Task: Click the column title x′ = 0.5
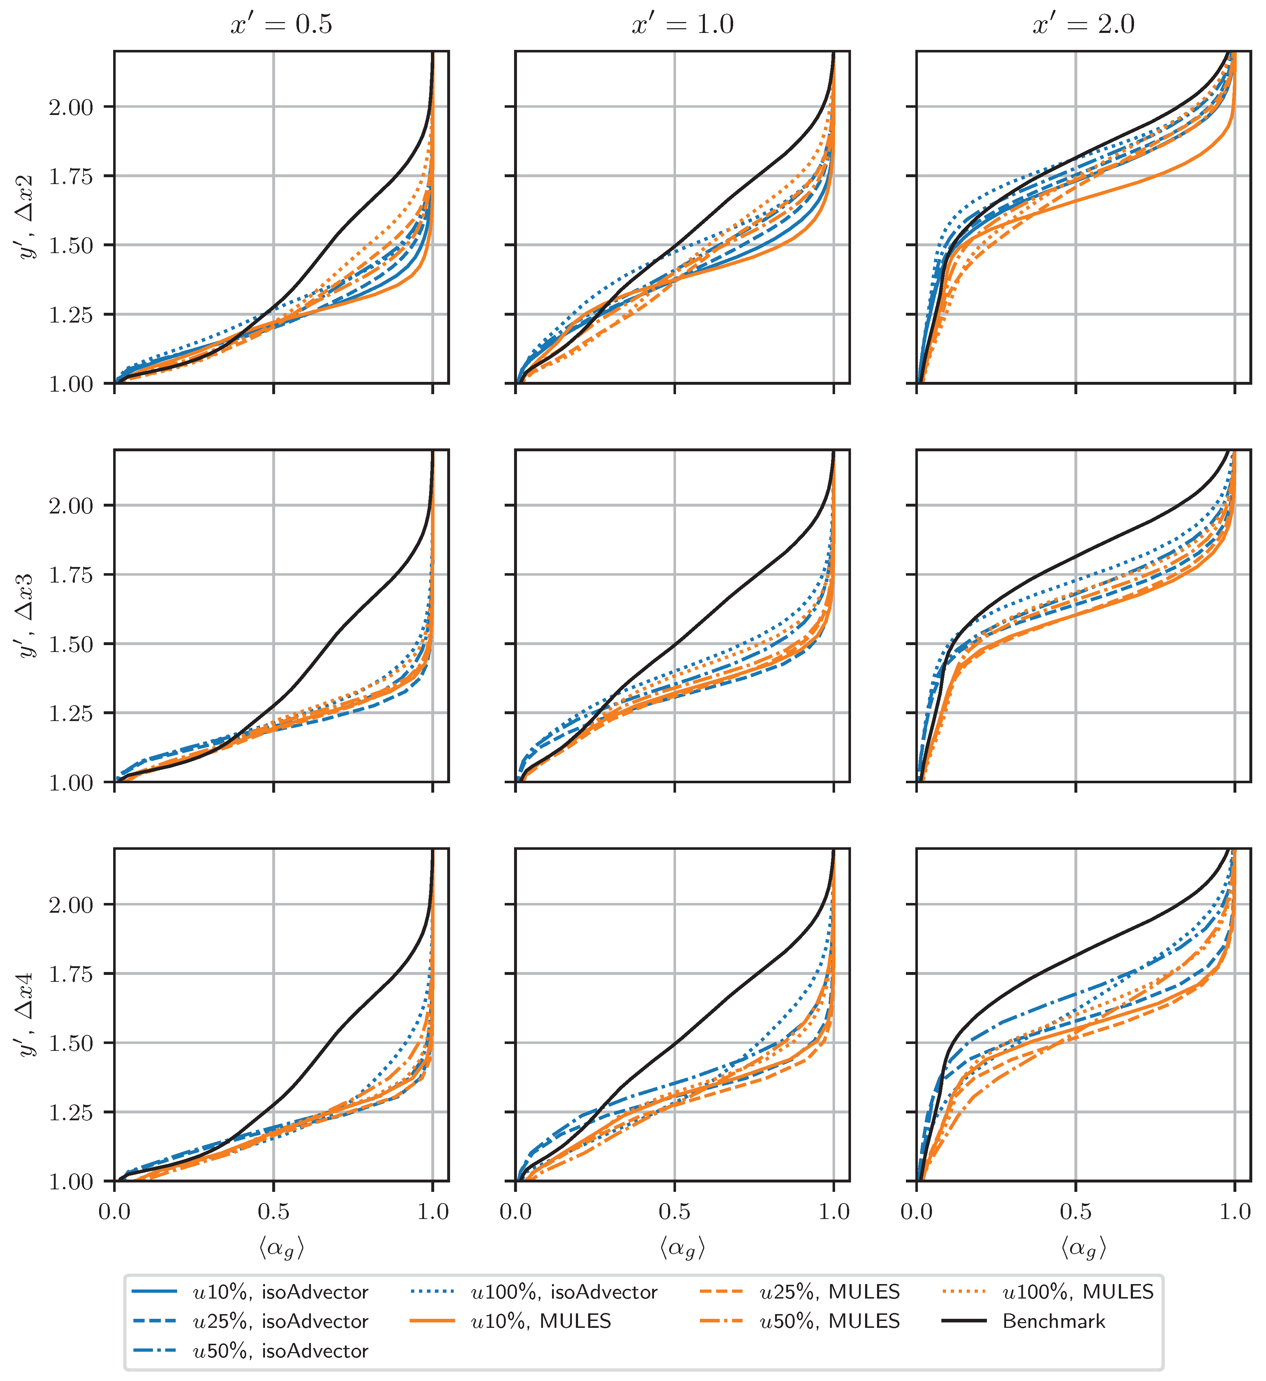tap(281, 25)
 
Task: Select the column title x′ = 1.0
tap(682, 25)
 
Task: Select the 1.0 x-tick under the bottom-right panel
tap(1235, 1212)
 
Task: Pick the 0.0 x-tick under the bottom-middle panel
tap(516, 1212)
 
